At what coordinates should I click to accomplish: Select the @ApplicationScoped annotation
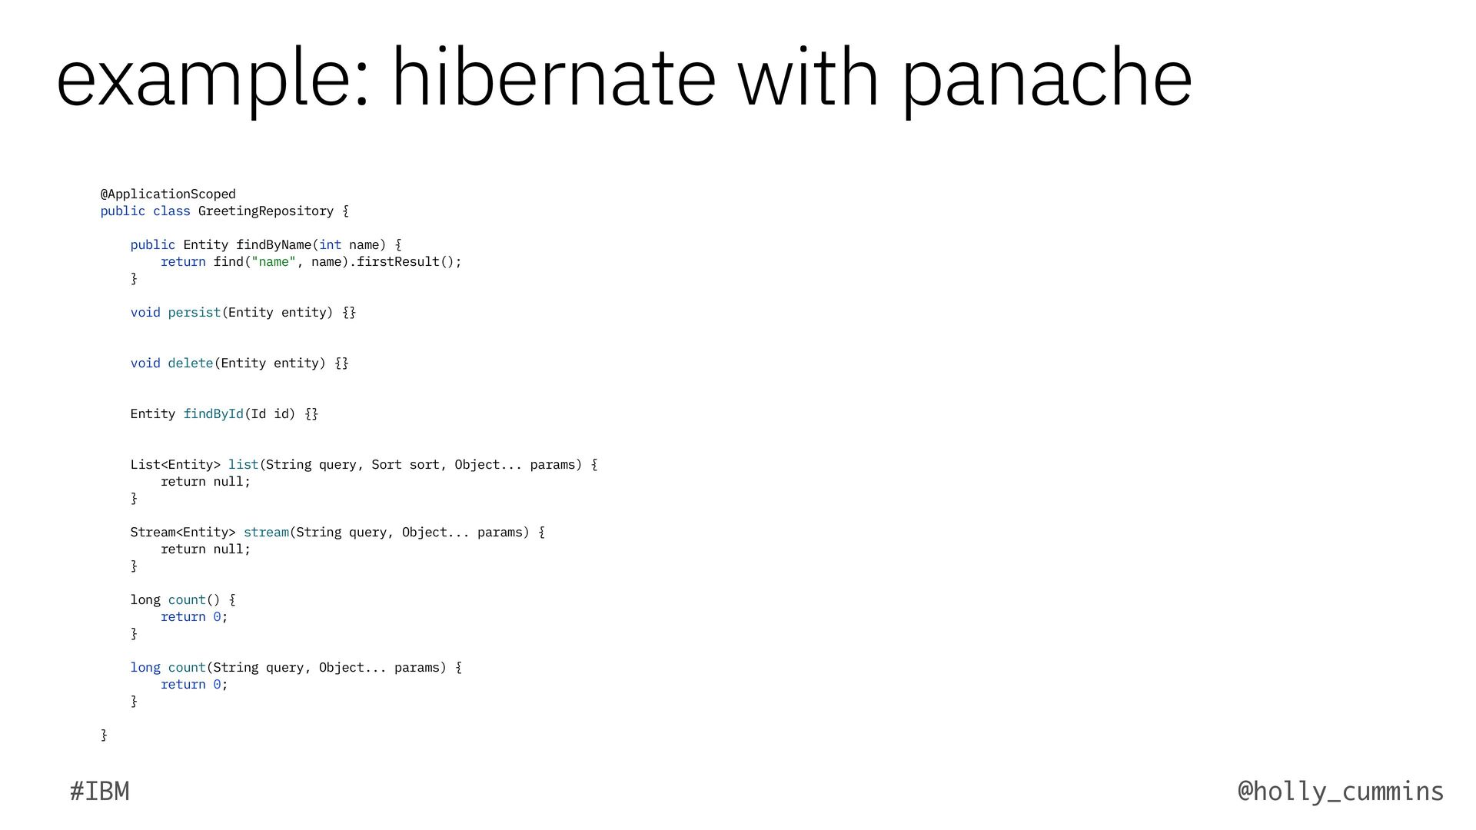click(168, 194)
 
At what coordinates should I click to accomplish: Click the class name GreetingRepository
click(265, 211)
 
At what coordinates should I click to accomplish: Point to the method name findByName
click(274, 244)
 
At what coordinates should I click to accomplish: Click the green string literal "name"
click(274, 261)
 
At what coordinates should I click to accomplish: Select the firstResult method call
click(397, 261)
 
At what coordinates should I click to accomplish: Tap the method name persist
click(194, 312)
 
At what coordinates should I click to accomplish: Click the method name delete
click(190, 363)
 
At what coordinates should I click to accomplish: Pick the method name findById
click(213, 413)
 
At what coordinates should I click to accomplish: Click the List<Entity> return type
click(175, 464)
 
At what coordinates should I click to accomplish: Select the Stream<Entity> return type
click(182, 532)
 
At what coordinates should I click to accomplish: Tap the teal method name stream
click(266, 532)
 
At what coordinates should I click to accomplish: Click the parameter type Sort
click(386, 464)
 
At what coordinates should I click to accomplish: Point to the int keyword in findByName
click(330, 244)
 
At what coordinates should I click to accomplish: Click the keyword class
click(171, 211)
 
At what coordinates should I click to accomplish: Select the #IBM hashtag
click(99, 791)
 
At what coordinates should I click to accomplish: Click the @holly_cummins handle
click(1341, 791)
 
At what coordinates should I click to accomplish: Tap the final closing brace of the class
click(104, 735)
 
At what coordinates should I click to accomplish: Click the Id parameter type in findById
click(258, 413)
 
